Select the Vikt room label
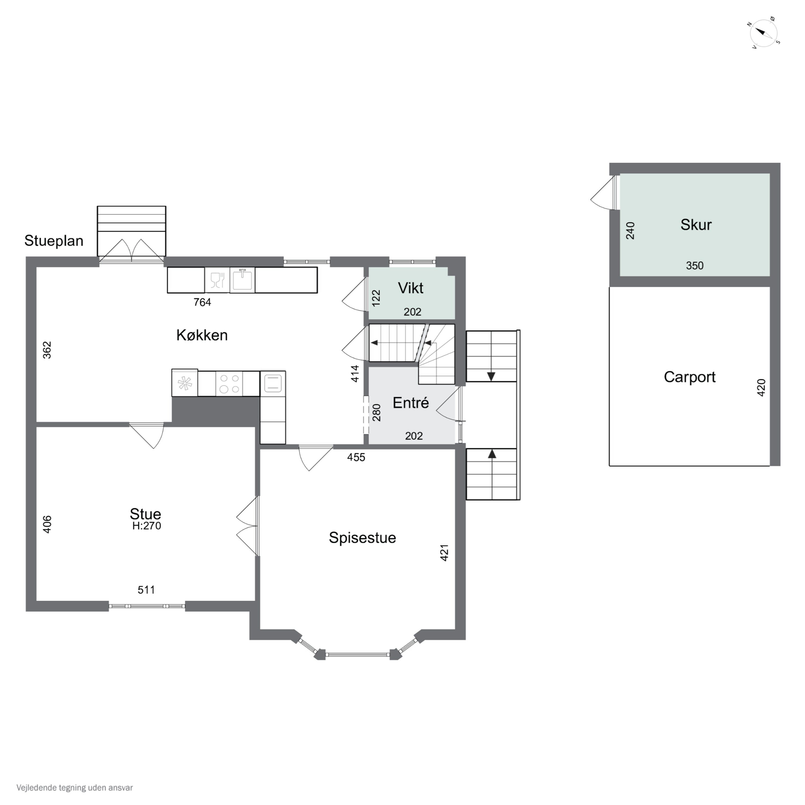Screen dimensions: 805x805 pyautogui.click(x=411, y=288)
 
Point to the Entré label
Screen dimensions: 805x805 pyautogui.click(x=411, y=403)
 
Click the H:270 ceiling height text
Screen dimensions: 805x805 pyautogui.click(x=147, y=526)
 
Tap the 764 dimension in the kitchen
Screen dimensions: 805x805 pyautogui.click(x=203, y=302)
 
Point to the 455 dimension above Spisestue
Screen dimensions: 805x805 pyautogui.click(x=356, y=458)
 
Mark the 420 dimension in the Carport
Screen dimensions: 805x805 pyautogui.click(x=761, y=387)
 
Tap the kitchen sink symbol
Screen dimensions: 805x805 pyautogui.click(x=242, y=280)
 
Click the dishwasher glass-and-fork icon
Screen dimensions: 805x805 pyautogui.click(x=217, y=280)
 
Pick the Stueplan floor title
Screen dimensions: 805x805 pyautogui.click(x=54, y=241)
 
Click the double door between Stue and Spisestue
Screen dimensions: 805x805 pyautogui.click(x=247, y=526)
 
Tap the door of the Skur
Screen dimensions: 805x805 pyautogui.click(x=604, y=192)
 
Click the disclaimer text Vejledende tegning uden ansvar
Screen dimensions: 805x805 pyautogui.click(x=75, y=788)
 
